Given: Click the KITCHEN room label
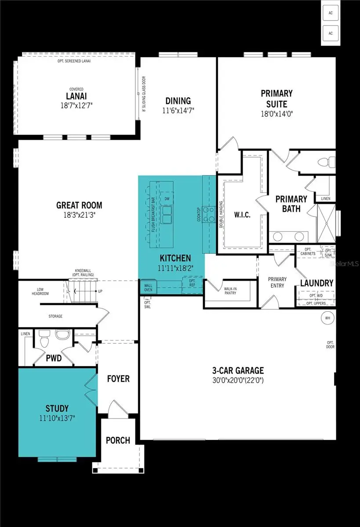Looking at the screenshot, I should [x=175, y=258].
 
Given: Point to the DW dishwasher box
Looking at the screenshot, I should [x=167, y=199].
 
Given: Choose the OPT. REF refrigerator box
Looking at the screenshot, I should [x=192, y=284].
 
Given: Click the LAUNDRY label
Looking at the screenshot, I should [x=316, y=283].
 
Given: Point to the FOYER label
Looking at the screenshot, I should [x=118, y=378].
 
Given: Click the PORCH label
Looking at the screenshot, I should [x=118, y=440].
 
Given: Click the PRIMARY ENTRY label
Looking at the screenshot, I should [x=277, y=282].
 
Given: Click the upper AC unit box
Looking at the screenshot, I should [x=330, y=12].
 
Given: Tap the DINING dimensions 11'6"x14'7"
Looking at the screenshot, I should [x=178, y=111].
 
